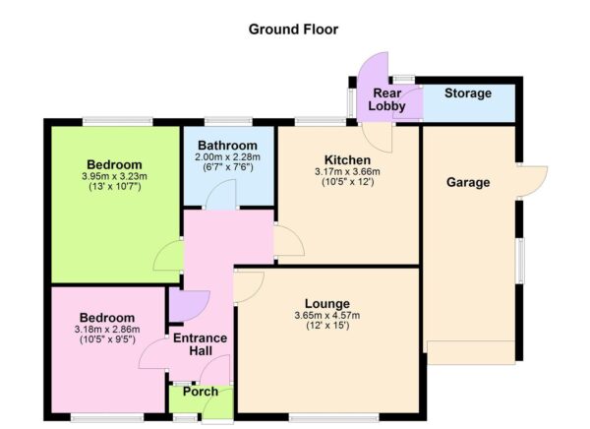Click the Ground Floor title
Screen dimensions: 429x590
click(x=294, y=30)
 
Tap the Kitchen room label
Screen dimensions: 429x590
click(x=348, y=160)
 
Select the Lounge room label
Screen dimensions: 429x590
click(x=327, y=303)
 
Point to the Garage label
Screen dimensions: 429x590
click(x=467, y=182)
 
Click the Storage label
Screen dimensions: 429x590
click(x=467, y=93)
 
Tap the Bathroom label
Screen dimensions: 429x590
click(x=225, y=146)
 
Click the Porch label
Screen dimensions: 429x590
click(x=201, y=392)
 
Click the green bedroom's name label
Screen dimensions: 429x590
click(x=114, y=164)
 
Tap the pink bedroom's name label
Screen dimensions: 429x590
click(x=107, y=318)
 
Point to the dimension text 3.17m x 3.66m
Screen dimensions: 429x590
click(x=348, y=172)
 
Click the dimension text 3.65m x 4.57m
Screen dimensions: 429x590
click(x=327, y=315)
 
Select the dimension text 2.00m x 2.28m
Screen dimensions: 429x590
click(x=225, y=157)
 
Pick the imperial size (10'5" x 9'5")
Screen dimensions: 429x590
click(x=107, y=340)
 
